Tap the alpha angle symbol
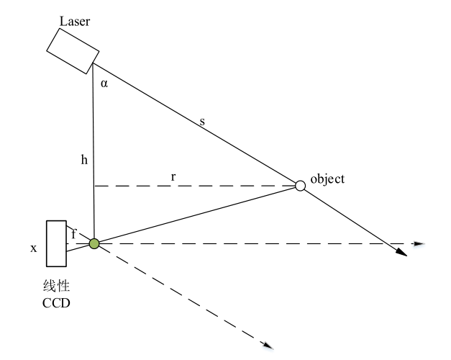(x=104, y=84)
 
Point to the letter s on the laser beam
(x=202, y=123)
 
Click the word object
(x=327, y=179)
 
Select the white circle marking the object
(x=301, y=186)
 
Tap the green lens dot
(x=94, y=244)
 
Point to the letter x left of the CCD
(x=33, y=248)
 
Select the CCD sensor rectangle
(x=55, y=243)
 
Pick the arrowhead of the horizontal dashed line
(x=419, y=244)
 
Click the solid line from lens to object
(x=194, y=215)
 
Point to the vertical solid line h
(x=94, y=144)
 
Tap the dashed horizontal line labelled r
(x=216, y=186)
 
